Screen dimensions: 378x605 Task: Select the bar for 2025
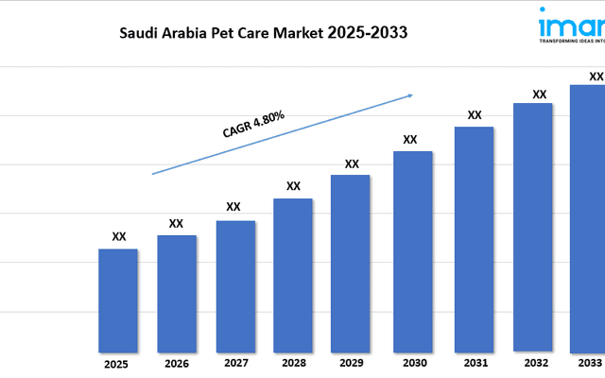point(118,301)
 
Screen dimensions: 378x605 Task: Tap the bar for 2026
point(177,293)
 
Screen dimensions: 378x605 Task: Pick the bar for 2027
point(235,285)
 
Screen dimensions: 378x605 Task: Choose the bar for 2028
point(293,275)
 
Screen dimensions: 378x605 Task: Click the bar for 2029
point(352,263)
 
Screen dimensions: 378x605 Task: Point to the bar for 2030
point(413,251)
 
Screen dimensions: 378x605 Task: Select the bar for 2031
point(474,239)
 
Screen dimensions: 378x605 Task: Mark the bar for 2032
point(532,227)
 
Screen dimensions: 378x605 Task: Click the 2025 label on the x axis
point(116,363)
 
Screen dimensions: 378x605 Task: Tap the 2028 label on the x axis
point(293,363)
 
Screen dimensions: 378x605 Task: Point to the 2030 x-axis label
point(413,363)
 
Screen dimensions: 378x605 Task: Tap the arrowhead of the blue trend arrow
point(409,94)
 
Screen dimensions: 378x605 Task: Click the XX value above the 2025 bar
point(119,237)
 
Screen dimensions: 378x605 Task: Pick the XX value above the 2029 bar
point(352,163)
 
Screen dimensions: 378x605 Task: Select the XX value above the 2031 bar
point(475,115)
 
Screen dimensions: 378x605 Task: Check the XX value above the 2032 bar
point(540,94)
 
